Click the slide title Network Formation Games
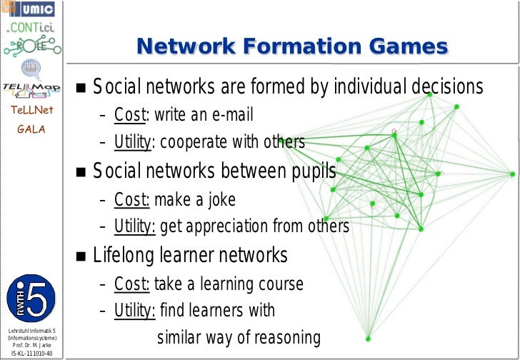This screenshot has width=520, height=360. coord(292,47)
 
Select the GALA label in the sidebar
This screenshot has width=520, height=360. coord(32,129)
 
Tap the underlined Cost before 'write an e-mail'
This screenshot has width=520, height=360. coord(129,115)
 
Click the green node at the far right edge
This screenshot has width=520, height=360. coord(512,174)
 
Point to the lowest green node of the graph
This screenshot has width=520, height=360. coord(368,339)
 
